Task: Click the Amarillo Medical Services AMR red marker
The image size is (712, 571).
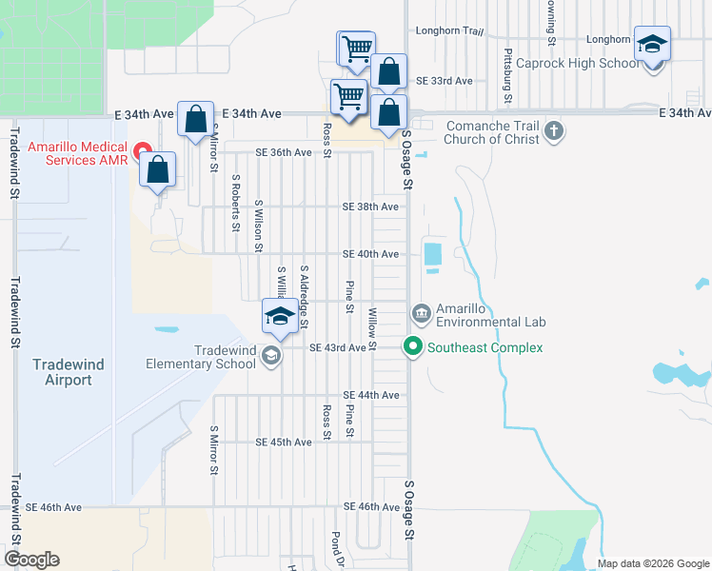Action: click(143, 150)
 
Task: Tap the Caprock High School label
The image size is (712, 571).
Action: click(577, 64)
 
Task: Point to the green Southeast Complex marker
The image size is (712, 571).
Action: click(413, 347)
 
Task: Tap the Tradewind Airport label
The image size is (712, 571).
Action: click(62, 372)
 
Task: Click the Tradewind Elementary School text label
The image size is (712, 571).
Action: click(201, 356)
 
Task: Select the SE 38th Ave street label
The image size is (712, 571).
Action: click(370, 207)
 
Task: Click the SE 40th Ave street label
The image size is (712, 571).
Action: click(370, 254)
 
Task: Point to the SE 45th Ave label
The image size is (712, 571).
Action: click(284, 443)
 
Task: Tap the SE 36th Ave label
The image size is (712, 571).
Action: click(284, 152)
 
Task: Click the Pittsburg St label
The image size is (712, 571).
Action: click(508, 75)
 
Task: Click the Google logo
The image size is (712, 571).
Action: click(31, 560)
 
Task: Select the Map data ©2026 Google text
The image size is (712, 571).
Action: click(652, 563)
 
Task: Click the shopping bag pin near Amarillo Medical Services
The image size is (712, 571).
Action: click(158, 170)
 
